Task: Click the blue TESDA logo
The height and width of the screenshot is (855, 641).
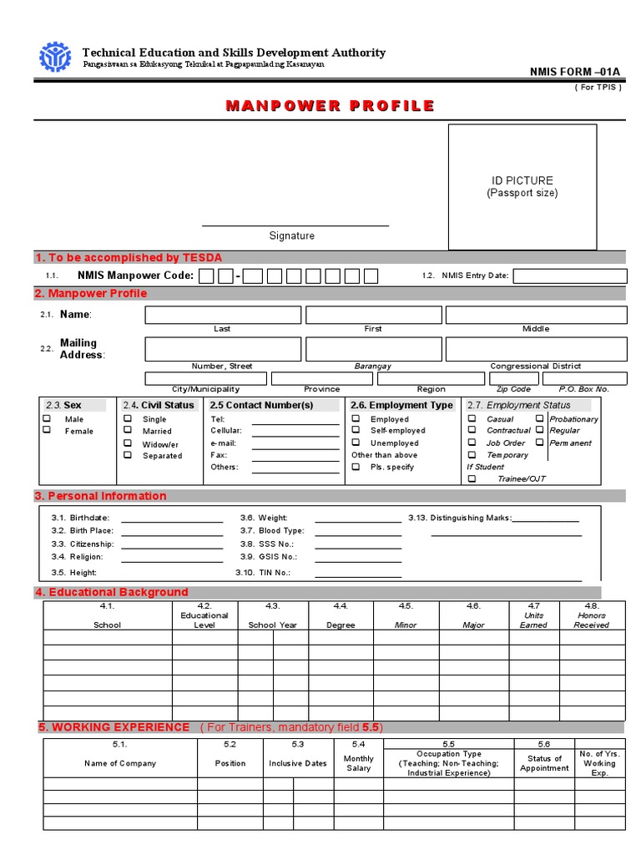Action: [56, 57]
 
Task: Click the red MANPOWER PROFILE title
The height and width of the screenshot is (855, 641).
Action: [330, 105]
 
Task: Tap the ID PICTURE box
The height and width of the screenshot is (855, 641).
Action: [522, 186]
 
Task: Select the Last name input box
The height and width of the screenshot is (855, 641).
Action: [223, 315]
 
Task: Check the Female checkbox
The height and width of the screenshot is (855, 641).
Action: [48, 430]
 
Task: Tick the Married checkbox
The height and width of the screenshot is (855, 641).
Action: [128, 431]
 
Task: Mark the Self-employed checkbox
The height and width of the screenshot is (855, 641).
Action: [356, 430]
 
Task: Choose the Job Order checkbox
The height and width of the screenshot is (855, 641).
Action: [472, 443]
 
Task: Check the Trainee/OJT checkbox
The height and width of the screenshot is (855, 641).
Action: [472, 479]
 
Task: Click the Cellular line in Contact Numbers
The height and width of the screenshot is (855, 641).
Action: [295, 431]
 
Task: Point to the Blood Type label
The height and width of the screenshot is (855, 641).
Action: [281, 530]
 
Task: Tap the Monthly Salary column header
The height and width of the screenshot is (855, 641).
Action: [359, 763]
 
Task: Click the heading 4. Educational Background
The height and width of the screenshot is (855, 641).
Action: [111, 592]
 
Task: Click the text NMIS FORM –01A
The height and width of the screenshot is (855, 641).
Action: [576, 72]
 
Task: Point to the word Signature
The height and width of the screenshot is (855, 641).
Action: [291, 235]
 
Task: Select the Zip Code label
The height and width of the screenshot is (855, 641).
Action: [513, 389]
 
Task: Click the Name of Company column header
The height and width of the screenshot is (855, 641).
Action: [119, 763]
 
